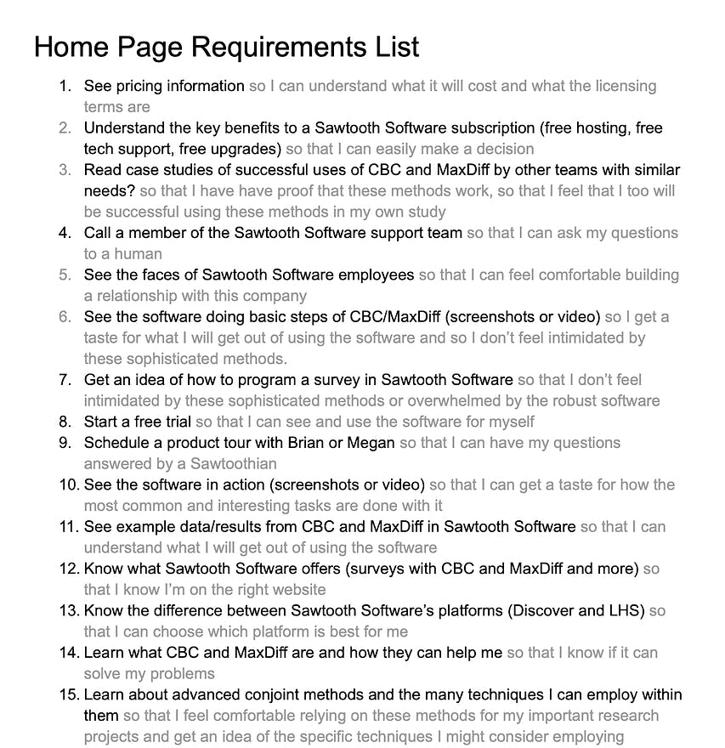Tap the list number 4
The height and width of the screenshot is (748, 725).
click(65, 233)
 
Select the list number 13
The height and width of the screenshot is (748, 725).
click(69, 610)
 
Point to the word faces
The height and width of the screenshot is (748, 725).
click(158, 275)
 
